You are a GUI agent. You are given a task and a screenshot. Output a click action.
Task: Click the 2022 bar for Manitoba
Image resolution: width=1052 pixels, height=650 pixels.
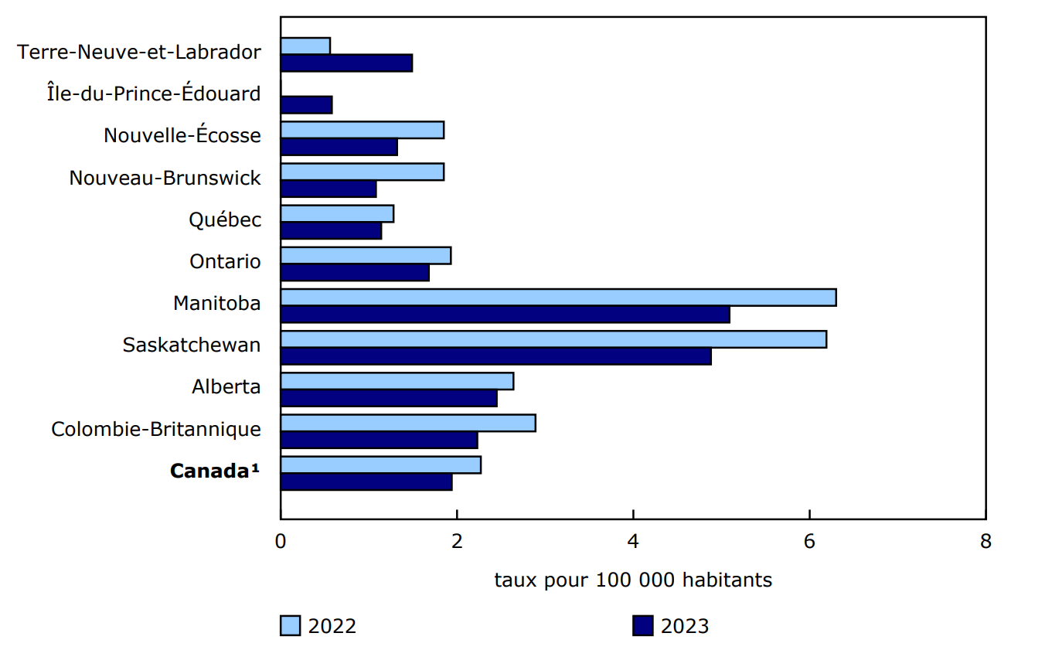[558, 298]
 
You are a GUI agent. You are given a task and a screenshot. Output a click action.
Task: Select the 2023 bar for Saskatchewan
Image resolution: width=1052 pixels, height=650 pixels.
[495, 356]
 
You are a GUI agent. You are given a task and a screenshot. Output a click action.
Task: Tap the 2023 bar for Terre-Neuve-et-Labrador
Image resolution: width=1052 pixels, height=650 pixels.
[346, 63]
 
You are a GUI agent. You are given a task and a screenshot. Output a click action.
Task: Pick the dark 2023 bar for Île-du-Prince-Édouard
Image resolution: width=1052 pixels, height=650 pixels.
[306, 105]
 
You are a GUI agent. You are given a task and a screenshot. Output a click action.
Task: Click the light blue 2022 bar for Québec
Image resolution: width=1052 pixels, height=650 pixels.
[337, 214]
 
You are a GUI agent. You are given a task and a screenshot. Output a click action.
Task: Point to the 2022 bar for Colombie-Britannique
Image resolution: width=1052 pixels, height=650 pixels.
[407, 423]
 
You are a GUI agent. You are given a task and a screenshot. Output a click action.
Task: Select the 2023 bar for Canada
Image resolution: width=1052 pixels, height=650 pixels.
[366, 482]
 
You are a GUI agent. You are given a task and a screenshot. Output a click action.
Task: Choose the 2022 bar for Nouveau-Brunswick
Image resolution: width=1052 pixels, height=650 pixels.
[362, 172]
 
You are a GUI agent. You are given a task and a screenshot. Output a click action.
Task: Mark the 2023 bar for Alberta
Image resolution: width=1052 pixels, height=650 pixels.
[389, 398]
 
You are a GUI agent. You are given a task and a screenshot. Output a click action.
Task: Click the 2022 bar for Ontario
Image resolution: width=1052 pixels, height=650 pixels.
[366, 256]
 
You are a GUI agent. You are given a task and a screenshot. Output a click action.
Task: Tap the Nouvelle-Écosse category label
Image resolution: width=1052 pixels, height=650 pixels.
[182, 136]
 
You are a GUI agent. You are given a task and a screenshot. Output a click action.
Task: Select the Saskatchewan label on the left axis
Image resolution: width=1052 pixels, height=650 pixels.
[192, 345]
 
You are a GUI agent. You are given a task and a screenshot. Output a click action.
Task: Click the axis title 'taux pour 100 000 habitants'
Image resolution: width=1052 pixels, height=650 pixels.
[633, 580]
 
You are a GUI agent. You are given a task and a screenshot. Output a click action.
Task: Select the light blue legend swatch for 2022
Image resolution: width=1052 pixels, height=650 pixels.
[290, 625]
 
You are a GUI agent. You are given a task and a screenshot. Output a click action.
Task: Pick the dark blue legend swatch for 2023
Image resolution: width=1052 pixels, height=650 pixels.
[642, 625]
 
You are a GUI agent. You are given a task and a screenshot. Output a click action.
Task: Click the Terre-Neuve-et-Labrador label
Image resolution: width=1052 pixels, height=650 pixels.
[139, 53]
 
